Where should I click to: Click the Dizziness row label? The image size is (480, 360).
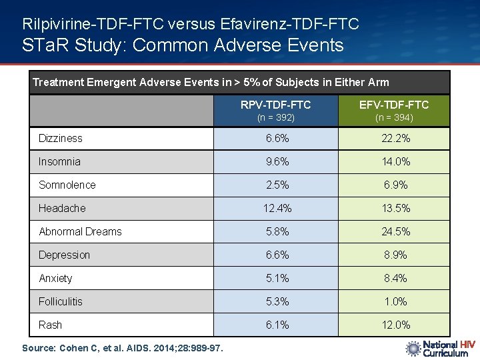[x=61, y=139]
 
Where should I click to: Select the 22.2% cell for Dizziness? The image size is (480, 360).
[x=394, y=139]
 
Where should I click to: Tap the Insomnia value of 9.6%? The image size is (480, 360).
[x=276, y=162]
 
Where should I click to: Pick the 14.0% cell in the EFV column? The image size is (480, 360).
[x=394, y=162]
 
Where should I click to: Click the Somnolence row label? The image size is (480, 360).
[x=67, y=185]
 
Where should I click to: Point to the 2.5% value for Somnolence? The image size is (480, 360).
[x=276, y=185]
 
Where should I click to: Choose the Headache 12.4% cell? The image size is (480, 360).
[x=276, y=209]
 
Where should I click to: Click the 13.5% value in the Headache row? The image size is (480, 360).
[x=394, y=209]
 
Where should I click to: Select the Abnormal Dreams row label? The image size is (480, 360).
[x=80, y=232]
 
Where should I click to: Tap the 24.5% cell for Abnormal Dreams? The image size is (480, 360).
[x=394, y=232]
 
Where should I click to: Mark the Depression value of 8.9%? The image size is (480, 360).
[x=394, y=255]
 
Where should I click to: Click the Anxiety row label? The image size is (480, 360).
[x=55, y=279]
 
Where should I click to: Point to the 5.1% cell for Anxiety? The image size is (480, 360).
[x=276, y=279]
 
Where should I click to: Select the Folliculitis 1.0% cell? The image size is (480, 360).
[x=394, y=302]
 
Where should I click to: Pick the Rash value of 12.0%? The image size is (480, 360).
[x=394, y=325]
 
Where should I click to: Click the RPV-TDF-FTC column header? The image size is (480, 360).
[x=276, y=105]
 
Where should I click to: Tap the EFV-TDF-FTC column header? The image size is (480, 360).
[x=394, y=105]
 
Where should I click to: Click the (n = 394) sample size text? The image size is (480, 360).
[x=394, y=118]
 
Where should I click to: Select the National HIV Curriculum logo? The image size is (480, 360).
[x=440, y=348]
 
